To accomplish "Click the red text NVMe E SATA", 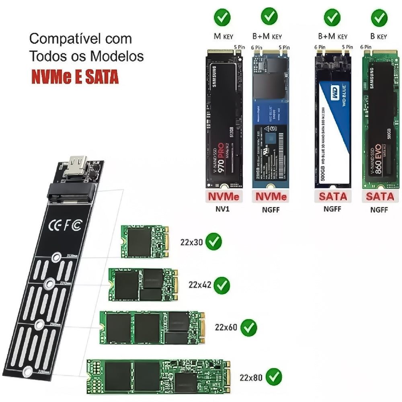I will click(x=75, y=77).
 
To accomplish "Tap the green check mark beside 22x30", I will click(x=213, y=242).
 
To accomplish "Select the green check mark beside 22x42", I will click(x=222, y=285).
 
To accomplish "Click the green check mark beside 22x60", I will click(x=248, y=328).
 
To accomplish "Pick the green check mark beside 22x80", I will click(x=273, y=377).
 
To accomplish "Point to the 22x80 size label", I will click(x=251, y=377).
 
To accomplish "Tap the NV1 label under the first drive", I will click(x=224, y=209).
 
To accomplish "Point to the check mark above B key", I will click(x=378, y=18).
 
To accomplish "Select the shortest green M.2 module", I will click(x=144, y=241).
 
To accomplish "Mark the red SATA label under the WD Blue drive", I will click(x=332, y=197).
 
